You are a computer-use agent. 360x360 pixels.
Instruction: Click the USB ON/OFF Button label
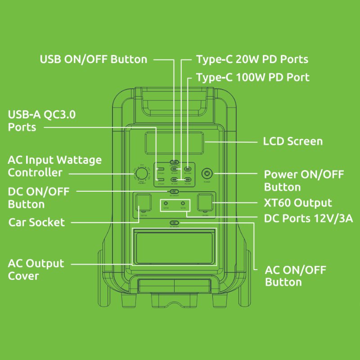tap(94, 59)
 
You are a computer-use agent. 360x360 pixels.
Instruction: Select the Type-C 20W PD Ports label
tap(252, 59)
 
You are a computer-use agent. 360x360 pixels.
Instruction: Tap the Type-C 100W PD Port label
tap(252, 77)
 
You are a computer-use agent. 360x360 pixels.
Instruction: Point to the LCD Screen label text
tap(292, 141)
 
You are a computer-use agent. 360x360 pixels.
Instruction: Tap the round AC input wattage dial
tap(141, 174)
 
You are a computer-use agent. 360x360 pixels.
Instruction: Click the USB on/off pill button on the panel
tap(174, 162)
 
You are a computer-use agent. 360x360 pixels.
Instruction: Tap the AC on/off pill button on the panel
tap(174, 223)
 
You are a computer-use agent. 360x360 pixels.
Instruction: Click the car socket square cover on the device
tap(142, 203)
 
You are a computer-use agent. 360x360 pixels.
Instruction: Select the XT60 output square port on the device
tap(205, 203)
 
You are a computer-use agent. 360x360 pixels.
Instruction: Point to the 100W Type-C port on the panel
tap(188, 170)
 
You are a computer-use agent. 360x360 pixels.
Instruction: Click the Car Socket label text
tap(36, 222)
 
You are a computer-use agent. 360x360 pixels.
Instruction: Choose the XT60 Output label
tap(298, 202)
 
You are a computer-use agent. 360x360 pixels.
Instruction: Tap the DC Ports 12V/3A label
tap(308, 219)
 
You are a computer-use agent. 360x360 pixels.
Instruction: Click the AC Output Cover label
tap(36, 269)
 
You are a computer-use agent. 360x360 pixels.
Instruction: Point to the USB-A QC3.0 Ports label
tap(41, 121)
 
